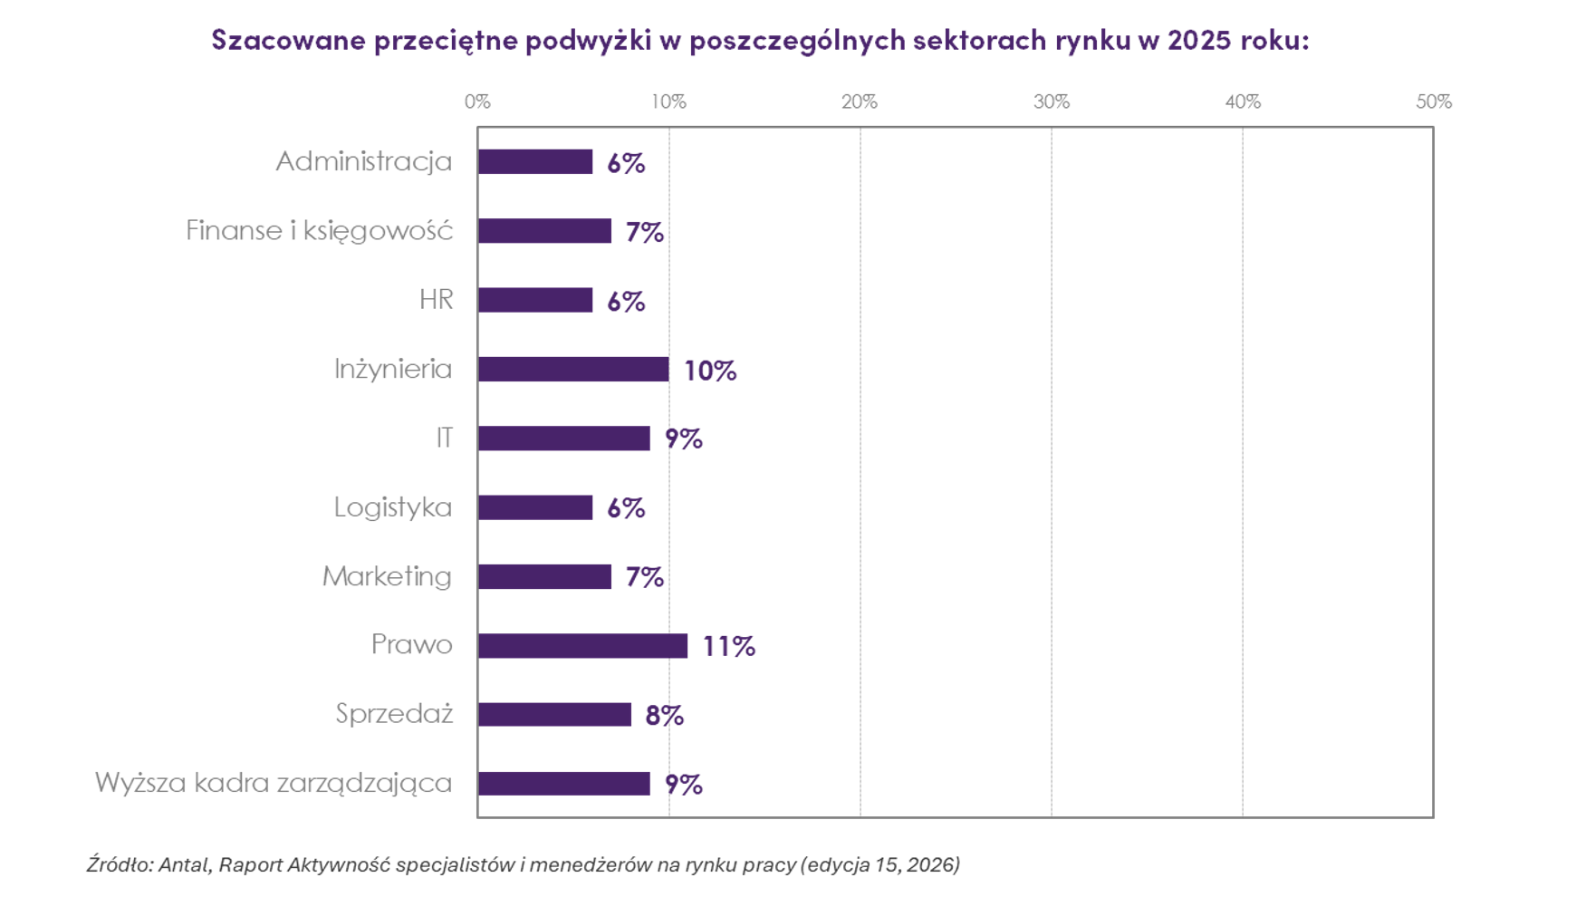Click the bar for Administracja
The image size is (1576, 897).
(x=535, y=162)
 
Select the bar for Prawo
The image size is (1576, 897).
(x=582, y=646)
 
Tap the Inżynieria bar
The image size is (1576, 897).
(x=573, y=370)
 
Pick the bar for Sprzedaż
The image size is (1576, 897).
(x=554, y=715)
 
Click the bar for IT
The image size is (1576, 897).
(x=563, y=439)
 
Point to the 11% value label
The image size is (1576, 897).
(x=728, y=646)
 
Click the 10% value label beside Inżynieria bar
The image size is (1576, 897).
(x=709, y=371)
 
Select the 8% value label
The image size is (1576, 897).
(x=664, y=716)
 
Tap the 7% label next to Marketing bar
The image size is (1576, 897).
(x=644, y=577)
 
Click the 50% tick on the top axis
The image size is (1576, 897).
(x=1433, y=101)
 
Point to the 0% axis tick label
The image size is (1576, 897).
(x=477, y=101)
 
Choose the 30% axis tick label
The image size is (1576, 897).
(x=1051, y=101)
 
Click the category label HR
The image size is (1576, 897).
(x=436, y=300)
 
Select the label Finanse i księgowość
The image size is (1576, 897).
(x=319, y=231)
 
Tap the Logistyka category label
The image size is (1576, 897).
(x=392, y=507)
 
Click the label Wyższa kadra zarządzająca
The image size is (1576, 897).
(x=273, y=783)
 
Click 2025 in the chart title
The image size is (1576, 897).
(x=1198, y=40)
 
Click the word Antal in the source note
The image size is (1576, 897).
(x=186, y=864)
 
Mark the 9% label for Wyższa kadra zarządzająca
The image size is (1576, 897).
(x=683, y=785)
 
